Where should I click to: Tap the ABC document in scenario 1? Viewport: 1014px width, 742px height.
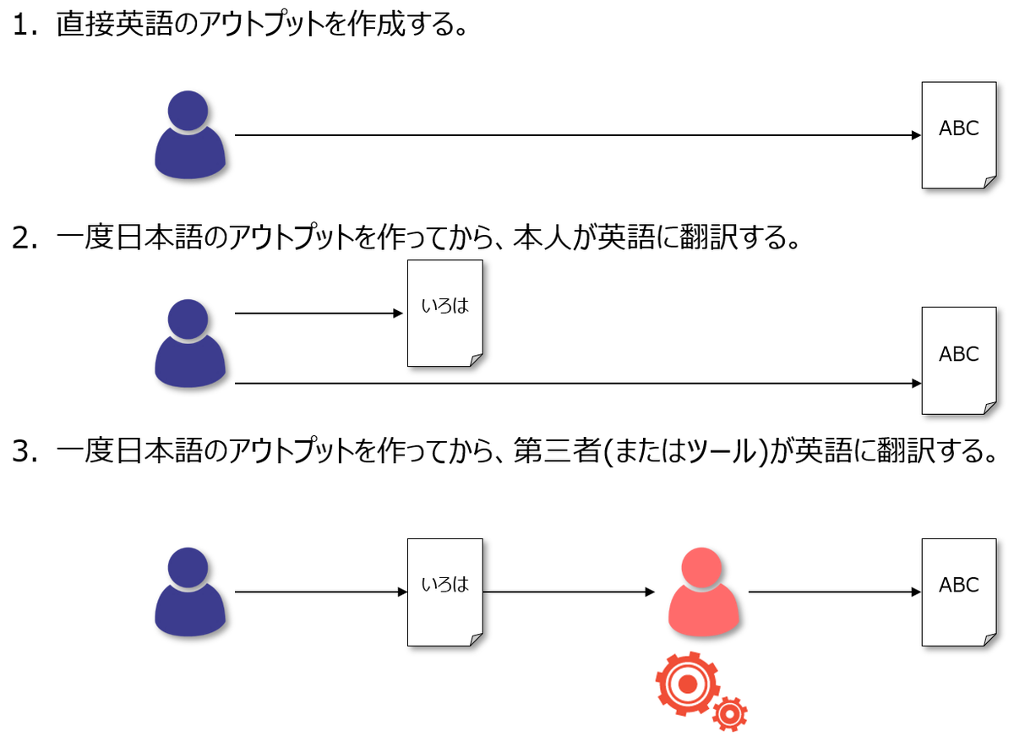tap(959, 135)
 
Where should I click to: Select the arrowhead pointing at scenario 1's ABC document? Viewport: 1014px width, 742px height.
tap(916, 135)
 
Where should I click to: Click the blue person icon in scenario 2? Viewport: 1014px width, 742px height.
tap(190, 343)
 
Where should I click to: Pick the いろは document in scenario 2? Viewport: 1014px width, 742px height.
tap(445, 314)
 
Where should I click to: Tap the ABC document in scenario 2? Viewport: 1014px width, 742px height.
tap(959, 361)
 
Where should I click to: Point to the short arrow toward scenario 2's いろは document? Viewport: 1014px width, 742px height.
tap(319, 314)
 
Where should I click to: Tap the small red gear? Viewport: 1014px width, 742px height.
tap(730, 714)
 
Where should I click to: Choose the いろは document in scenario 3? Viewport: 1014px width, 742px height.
tap(445, 592)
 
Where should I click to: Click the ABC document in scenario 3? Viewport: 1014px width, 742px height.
tap(959, 592)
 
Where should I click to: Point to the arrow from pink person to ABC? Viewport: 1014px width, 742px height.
tap(835, 592)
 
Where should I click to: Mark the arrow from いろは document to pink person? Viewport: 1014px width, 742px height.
tap(569, 592)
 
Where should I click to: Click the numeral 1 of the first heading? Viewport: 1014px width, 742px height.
tap(23, 25)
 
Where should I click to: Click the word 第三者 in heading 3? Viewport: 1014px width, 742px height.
tap(558, 451)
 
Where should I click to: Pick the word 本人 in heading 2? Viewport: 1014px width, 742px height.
tap(542, 237)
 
